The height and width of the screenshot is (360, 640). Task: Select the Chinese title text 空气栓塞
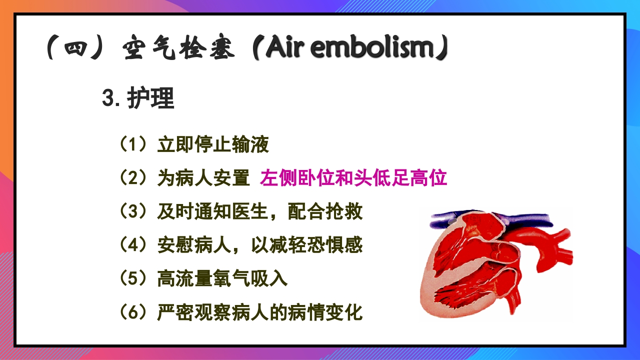[x=178, y=49]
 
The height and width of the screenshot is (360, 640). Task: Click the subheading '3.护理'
[x=138, y=99]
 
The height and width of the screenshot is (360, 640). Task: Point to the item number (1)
[x=133, y=145]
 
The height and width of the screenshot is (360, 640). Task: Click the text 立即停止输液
[x=213, y=145]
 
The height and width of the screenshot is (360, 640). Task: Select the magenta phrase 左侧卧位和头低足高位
[x=353, y=178]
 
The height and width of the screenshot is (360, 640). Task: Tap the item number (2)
[x=133, y=178]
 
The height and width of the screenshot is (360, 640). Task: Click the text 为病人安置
[x=203, y=178]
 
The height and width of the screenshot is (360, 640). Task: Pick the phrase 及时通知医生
[x=213, y=212]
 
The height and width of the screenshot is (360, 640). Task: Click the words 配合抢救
[x=325, y=212]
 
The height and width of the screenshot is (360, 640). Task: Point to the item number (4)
[x=133, y=245]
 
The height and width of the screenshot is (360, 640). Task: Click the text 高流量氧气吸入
[x=222, y=279]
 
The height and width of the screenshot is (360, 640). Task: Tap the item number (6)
[x=133, y=312]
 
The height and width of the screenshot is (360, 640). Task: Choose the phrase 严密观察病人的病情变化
[x=260, y=312]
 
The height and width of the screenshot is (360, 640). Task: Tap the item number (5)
[x=133, y=279]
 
